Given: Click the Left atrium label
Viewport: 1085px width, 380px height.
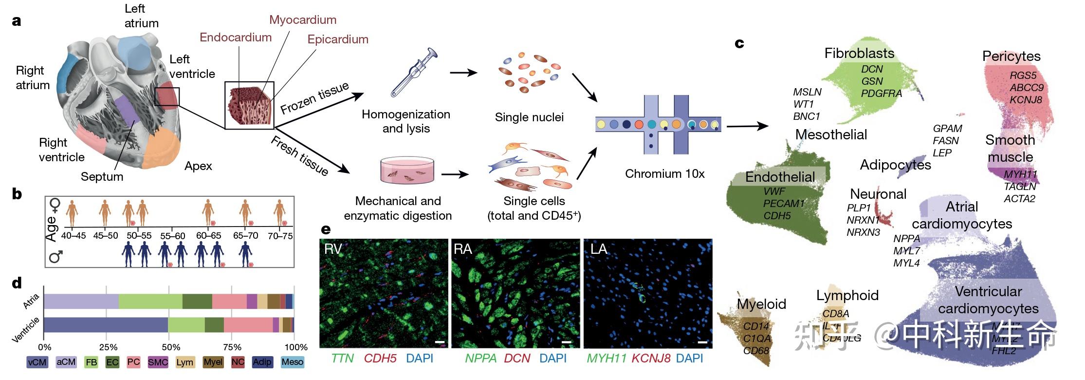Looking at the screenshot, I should (x=141, y=16).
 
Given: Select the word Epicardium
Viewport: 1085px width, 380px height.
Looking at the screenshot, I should (x=337, y=39).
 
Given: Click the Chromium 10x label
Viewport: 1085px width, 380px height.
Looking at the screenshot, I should (x=664, y=174).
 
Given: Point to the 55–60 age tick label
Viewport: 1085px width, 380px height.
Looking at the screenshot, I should (x=173, y=236).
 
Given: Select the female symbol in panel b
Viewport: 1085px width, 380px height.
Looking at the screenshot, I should (x=55, y=205).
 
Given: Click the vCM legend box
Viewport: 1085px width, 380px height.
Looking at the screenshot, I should (x=37, y=362).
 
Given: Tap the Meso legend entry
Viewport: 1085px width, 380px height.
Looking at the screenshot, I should (x=292, y=362).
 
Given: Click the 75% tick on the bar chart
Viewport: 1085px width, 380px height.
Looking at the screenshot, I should (x=232, y=347).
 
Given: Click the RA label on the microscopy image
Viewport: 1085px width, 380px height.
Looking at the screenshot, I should (x=462, y=249).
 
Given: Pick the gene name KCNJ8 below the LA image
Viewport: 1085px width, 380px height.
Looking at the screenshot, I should (x=651, y=359).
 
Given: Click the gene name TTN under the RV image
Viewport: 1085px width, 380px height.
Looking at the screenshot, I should (x=343, y=359).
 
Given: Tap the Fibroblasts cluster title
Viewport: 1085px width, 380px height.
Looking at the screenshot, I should (x=859, y=53).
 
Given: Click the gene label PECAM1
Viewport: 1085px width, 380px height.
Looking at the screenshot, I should (x=784, y=204).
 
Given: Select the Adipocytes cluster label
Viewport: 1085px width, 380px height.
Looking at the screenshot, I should (x=895, y=165).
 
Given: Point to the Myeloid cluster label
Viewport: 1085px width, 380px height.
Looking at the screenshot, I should (x=761, y=304).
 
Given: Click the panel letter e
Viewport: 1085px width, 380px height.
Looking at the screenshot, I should (x=326, y=229).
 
